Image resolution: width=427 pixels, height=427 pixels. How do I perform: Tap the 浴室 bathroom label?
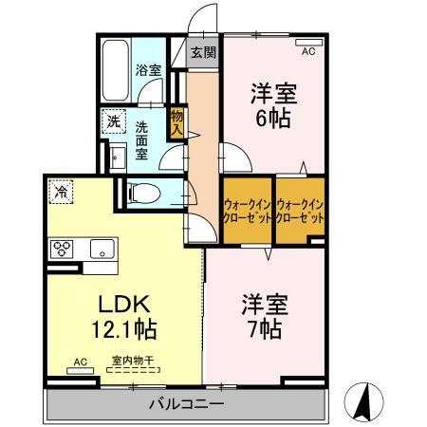pyautogui.click(x=147, y=69)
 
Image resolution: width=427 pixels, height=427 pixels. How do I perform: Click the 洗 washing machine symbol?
pyautogui.click(x=113, y=121)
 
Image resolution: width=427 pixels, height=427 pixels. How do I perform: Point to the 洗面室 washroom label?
pyautogui.click(x=141, y=139)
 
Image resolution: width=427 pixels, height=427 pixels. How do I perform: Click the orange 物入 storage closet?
pyautogui.click(x=176, y=121)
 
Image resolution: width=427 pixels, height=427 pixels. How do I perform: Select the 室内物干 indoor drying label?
pyautogui.click(x=132, y=361)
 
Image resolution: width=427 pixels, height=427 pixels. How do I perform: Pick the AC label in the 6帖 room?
pyautogui.click(x=308, y=52)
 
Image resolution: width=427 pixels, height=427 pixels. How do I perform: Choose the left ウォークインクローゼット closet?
pyautogui.click(x=248, y=209)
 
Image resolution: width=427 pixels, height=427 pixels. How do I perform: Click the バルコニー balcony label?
pyautogui.click(x=186, y=405)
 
